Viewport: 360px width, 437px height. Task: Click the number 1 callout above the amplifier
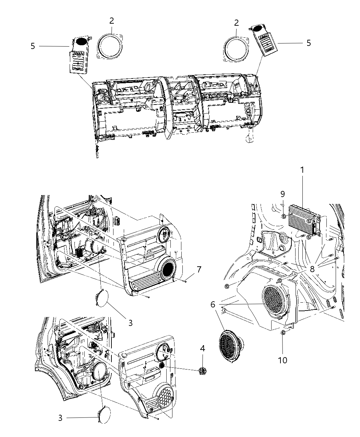pyautogui.click(x=302, y=170)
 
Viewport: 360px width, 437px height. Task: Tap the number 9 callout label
pyautogui.click(x=283, y=194)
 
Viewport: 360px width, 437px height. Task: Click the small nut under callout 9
pyautogui.click(x=284, y=216)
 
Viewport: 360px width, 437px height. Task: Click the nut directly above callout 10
pyautogui.click(x=283, y=332)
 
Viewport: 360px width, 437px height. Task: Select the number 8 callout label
pyautogui.click(x=312, y=269)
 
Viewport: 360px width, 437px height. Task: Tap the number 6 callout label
pyautogui.click(x=213, y=304)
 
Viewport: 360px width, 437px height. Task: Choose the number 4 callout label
pyautogui.click(x=203, y=349)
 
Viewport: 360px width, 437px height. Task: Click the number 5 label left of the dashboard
pyautogui.click(x=33, y=46)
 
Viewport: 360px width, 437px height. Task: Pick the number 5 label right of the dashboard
pyautogui.click(x=309, y=43)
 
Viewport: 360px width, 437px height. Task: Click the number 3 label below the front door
pyautogui.click(x=130, y=323)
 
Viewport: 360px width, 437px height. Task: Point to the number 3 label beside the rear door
pyautogui.click(x=60, y=418)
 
